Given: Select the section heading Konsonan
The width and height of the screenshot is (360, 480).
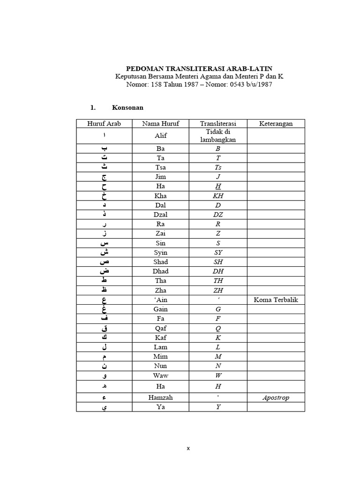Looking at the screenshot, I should pos(127,108).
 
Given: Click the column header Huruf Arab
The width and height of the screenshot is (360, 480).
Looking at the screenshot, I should pos(104,124).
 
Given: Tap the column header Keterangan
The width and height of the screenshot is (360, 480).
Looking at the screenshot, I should pos(276,124).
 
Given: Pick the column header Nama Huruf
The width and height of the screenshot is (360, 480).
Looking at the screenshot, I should pos(160,124).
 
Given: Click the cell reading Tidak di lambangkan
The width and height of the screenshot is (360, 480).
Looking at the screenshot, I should pos(218,136).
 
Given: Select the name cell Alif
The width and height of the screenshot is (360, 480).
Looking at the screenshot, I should pos(160,136).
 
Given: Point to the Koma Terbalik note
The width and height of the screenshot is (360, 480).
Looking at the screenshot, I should pos(276,300).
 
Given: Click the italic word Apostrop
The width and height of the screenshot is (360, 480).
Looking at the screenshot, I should pos(276,397).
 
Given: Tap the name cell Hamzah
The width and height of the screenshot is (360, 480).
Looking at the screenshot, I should pos(160,397).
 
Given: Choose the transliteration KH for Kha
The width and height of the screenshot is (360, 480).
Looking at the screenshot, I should pos(218,196).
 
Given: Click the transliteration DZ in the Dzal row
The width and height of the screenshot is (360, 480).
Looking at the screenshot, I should pos(218,215).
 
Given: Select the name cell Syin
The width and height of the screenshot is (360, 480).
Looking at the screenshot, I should pos(160,253).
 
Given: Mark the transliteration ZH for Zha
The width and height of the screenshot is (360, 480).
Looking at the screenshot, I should pos(218,290).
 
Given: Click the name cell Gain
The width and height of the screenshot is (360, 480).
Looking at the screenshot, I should pos(160,309).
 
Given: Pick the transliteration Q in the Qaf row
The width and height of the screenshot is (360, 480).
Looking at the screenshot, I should pos(218,328).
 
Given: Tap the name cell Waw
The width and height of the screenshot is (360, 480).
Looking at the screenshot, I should pos(160,375).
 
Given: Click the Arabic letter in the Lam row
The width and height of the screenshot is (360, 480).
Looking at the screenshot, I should pos(104,347).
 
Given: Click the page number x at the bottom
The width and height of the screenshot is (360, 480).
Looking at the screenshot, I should pos(188,448).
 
